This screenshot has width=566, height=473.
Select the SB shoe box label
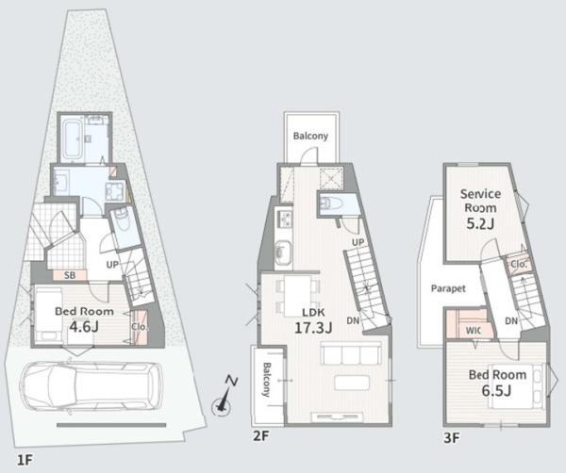pos(70,275)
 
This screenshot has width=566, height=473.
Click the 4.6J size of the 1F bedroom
pos(84,327)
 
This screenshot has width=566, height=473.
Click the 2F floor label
pos(261,436)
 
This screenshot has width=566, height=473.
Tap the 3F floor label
pos(452,438)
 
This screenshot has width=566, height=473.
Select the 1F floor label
pos(25,461)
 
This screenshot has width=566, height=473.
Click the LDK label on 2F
pos(313,312)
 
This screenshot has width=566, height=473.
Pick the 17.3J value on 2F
pos(313,328)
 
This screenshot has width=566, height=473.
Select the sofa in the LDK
pos(351,353)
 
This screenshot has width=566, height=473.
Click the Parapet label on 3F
pos(448,288)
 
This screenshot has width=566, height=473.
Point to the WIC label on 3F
pos(474,331)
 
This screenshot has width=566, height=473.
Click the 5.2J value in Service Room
pos(480,224)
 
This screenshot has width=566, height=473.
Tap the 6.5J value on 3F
pos(497,390)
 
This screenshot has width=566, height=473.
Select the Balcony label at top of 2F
pos(310,136)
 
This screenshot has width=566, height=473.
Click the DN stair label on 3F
pos(511,321)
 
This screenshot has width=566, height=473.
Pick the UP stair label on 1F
pos(112,265)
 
